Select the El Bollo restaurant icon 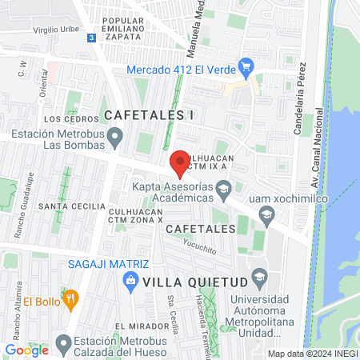click(x=70, y=301)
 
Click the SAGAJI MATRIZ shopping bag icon click(x=127, y=279)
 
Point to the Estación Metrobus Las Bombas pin click(x=116, y=140)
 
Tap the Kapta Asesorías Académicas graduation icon click(x=223, y=190)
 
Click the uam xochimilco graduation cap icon click(x=267, y=213)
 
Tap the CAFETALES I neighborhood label click(x=149, y=114)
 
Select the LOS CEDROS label click(x=64, y=119)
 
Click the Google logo click(x=26, y=350)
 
